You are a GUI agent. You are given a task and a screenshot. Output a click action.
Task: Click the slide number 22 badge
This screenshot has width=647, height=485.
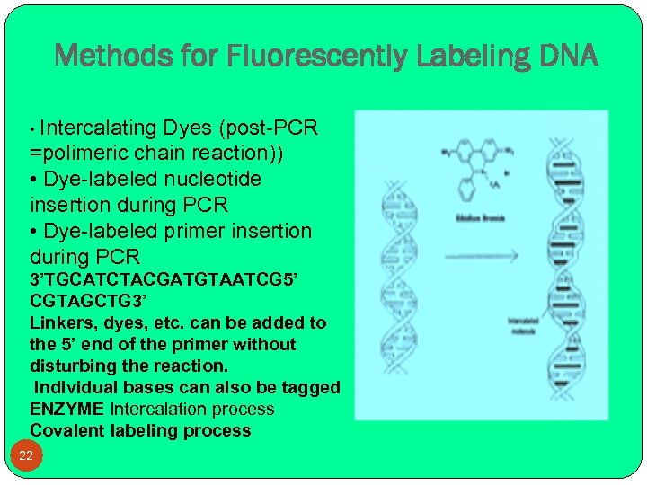click(26, 455)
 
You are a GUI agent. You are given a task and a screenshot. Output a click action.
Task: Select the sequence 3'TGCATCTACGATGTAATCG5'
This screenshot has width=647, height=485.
click(157, 280)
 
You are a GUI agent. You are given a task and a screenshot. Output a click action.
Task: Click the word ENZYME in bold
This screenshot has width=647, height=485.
click(67, 409)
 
